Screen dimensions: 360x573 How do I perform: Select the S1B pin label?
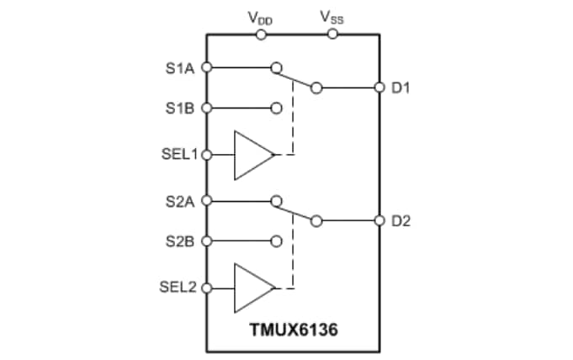(x=180, y=108)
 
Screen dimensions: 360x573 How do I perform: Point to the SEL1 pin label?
(x=178, y=155)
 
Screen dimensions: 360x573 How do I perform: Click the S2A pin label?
(x=180, y=201)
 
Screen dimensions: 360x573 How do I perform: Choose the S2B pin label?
(x=180, y=241)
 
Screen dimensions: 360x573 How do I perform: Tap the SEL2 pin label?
(x=178, y=288)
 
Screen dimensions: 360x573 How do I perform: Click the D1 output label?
(x=401, y=87)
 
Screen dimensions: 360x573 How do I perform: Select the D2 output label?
(x=401, y=221)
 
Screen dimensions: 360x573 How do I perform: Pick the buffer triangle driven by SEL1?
(x=252, y=155)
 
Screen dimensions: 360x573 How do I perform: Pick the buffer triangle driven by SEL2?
(x=252, y=288)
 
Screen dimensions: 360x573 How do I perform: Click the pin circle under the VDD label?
(x=262, y=34)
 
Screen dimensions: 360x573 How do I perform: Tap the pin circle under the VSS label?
(x=332, y=34)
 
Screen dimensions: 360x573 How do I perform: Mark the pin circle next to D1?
(x=379, y=87)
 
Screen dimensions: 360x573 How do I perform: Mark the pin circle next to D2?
(x=379, y=221)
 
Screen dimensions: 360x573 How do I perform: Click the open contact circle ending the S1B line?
(x=276, y=108)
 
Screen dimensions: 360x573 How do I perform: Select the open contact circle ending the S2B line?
(x=276, y=241)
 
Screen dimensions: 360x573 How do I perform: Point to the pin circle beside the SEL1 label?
(x=207, y=155)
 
